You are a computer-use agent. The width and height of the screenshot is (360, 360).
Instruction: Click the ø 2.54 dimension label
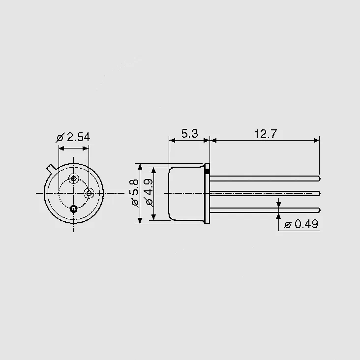pos(73,138)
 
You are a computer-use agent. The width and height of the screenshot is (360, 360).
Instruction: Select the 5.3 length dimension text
pos(189,134)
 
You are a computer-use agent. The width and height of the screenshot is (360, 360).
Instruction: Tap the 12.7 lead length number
pos(266,134)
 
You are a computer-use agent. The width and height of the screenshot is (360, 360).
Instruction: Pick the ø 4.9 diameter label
pos(149,192)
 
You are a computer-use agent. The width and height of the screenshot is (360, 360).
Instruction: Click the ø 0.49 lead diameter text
pos(301,224)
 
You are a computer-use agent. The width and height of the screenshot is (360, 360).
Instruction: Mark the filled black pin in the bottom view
pos(73,209)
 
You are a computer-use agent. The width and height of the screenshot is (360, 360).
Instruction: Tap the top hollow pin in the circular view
pos(74,178)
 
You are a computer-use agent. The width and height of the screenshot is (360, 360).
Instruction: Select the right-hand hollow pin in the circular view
pos(89,193)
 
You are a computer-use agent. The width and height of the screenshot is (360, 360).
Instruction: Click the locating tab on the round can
pos(51,168)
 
